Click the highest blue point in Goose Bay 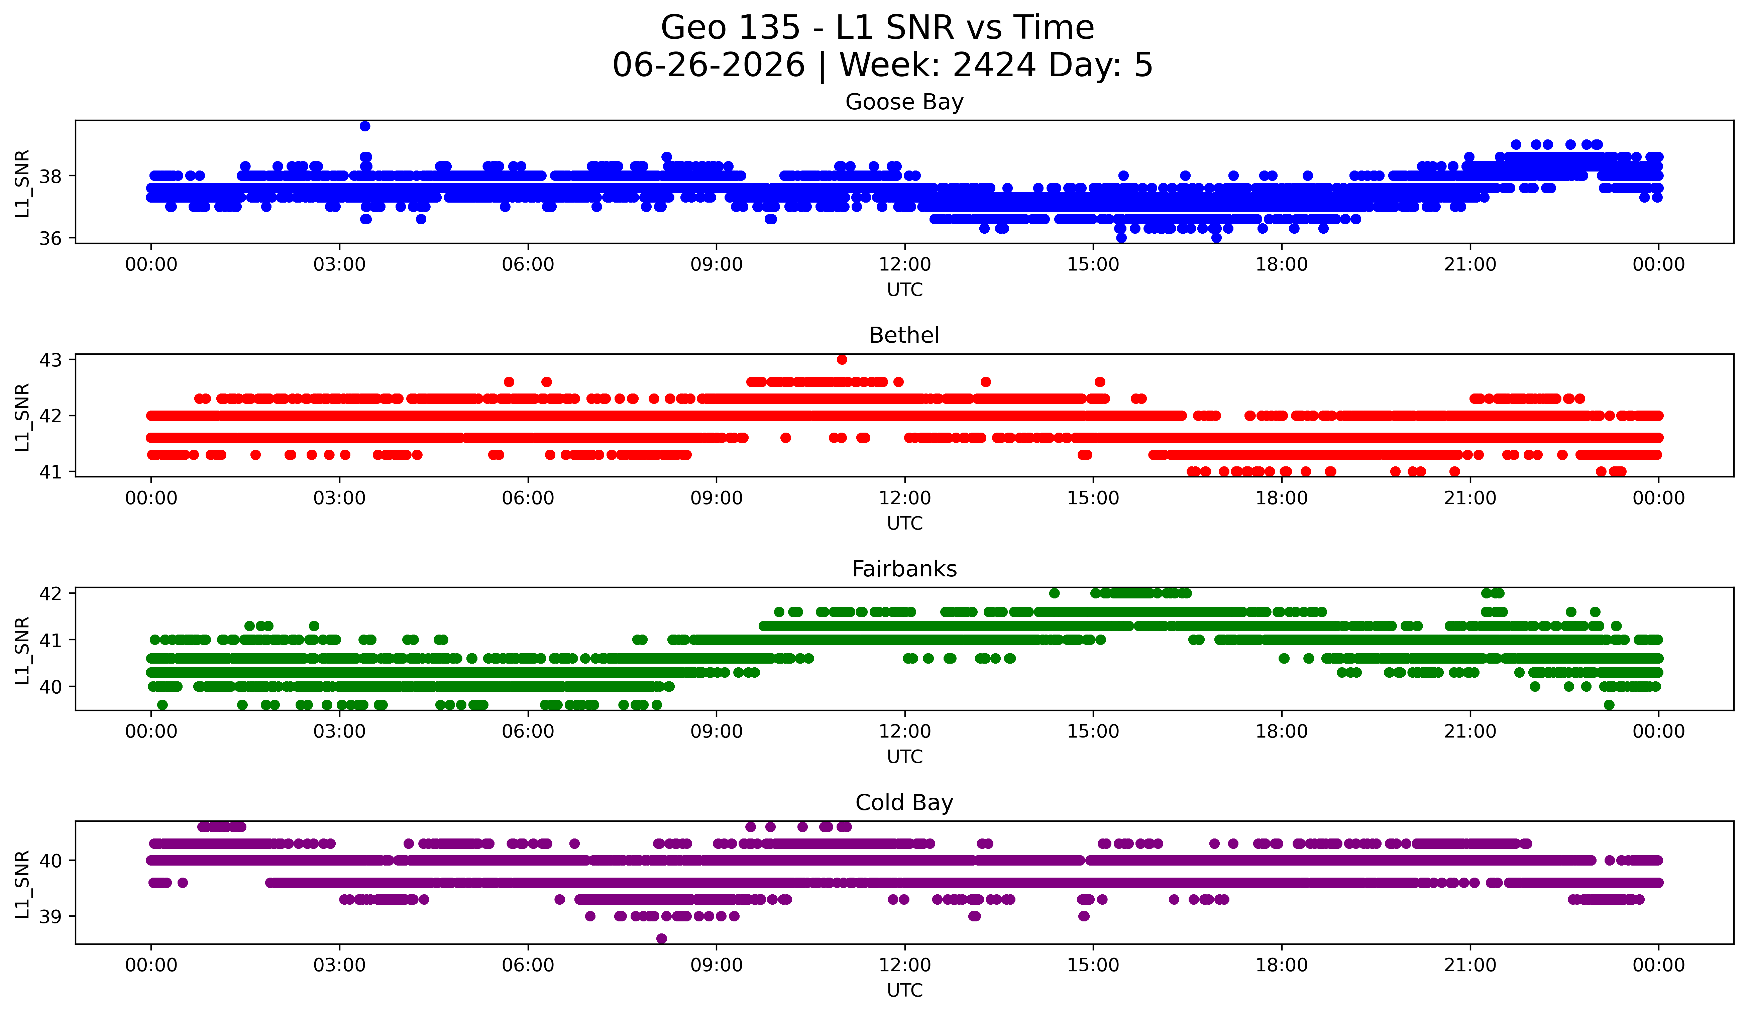coord(365,126)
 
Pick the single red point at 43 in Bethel coord(842,359)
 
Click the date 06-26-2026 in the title coord(708,65)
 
